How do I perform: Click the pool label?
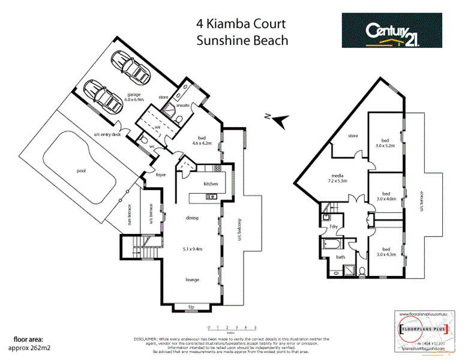pyautogui.click(x=81, y=171)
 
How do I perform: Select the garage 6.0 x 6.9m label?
pyautogui.click(x=134, y=97)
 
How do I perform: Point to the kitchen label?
pyautogui.click(x=210, y=184)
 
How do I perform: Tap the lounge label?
pyautogui.click(x=192, y=280)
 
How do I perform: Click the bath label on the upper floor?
pyautogui.click(x=340, y=257)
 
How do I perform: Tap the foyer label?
pyautogui.click(x=161, y=175)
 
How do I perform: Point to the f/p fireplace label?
pyautogui.click(x=192, y=307)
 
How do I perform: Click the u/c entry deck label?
pyautogui.click(x=107, y=134)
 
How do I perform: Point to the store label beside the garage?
pyautogui.click(x=163, y=95)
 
